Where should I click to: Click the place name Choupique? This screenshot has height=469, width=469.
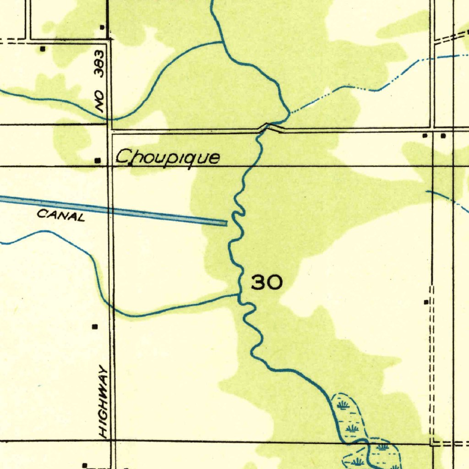[x=167, y=158]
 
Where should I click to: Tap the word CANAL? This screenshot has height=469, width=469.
[x=61, y=215]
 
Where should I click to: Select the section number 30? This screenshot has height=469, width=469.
[x=267, y=283]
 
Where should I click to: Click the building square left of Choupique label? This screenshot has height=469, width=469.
[x=98, y=161]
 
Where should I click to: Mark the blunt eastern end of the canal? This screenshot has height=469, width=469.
[x=225, y=223]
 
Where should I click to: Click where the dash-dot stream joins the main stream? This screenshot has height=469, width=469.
[x=289, y=113]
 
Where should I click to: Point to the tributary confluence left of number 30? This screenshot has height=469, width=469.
[x=238, y=295]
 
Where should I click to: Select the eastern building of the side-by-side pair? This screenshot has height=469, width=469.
[x=443, y=136]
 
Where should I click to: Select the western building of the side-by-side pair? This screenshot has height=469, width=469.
[x=425, y=136]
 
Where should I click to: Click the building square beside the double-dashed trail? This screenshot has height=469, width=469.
[x=426, y=302]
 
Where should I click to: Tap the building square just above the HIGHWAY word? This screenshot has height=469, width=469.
[x=95, y=327]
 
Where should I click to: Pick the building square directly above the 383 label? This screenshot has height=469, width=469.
[x=102, y=28]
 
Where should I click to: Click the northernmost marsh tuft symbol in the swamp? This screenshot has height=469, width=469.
[x=343, y=405]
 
